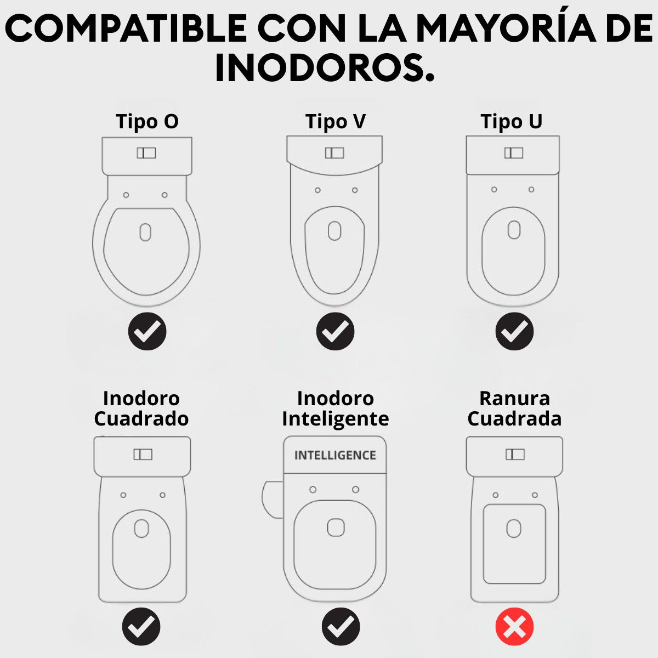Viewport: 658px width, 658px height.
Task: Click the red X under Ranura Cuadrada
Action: click(x=514, y=627)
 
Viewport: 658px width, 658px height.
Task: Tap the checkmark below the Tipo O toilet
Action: click(x=147, y=331)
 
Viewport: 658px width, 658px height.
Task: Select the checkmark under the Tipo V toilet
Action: click(x=335, y=331)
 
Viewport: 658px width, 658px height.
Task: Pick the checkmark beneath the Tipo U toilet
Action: click(x=514, y=331)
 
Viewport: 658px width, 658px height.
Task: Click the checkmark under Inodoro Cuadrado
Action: click(x=141, y=627)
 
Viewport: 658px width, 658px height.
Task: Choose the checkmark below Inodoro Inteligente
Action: click(x=341, y=627)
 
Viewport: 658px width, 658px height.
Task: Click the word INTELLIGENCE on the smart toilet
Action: click(x=335, y=455)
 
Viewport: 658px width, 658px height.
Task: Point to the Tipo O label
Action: click(x=147, y=121)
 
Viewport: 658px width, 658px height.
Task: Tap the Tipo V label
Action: click(x=336, y=121)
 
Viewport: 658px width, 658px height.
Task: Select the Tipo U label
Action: click(x=511, y=121)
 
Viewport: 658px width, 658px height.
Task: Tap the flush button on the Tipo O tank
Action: click(x=146, y=152)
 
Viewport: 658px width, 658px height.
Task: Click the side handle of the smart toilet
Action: click(x=272, y=499)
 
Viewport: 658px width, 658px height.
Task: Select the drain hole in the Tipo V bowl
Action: click(x=334, y=231)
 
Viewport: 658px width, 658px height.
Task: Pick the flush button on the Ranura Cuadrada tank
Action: click(x=515, y=454)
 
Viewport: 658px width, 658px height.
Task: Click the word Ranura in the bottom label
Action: click(x=514, y=398)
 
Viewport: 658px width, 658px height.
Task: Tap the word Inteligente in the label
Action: click(x=336, y=419)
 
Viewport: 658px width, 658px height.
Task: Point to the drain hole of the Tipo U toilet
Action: click(x=514, y=229)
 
